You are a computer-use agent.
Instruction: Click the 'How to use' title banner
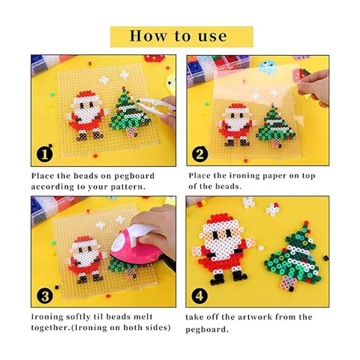(x=181, y=37)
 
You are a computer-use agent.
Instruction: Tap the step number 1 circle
(x=45, y=155)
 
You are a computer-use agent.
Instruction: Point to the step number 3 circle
(x=45, y=296)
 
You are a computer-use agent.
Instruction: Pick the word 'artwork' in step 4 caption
(x=254, y=317)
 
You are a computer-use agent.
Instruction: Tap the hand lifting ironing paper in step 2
(x=314, y=88)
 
